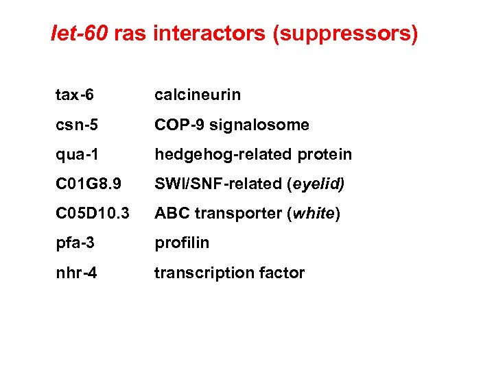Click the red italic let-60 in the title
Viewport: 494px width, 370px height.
click(80, 34)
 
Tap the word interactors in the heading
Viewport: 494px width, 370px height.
click(210, 34)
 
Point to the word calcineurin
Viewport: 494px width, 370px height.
click(198, 95)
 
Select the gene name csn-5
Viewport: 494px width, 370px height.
click(77, 125)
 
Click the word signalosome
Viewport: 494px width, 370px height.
click(259, 125)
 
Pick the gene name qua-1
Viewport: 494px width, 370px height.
click(77, 155)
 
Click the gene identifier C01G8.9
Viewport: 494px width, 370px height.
click(89, 184)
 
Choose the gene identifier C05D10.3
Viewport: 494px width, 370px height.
click(93, 214)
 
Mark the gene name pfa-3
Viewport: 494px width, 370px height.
click(75, 243)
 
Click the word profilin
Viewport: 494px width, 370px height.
click(182, 243)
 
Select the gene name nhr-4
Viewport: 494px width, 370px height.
click(76, 273)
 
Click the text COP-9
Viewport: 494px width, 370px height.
click(180, 125)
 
